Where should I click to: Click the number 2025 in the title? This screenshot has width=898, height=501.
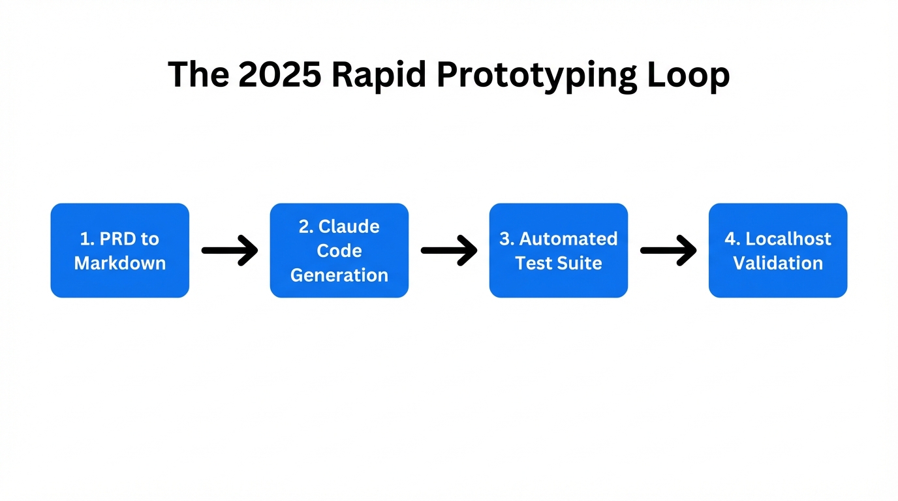pos(279,74)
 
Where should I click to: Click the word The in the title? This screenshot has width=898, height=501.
pos(198,74)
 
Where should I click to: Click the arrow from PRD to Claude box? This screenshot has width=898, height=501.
pos(230,251)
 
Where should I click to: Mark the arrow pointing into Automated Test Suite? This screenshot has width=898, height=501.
pos(449,251)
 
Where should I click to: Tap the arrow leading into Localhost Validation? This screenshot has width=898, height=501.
pos(668,251)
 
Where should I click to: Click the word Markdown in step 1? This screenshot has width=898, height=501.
pos(119,263)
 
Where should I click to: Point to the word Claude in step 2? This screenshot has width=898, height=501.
pos(348,226)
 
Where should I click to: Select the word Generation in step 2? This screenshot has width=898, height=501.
pos(339,275)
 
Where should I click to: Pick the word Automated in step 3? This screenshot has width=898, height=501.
pos(568,239)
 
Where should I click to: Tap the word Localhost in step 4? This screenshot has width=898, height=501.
pos(788,239)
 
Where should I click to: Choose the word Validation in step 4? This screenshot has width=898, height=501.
pos(777,263)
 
